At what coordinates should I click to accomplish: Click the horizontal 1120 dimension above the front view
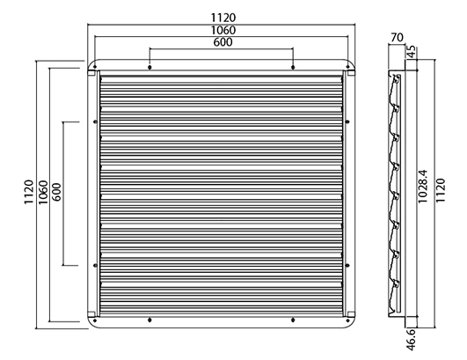tap(223, 18)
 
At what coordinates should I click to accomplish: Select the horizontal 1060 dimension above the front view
tap(223, 30)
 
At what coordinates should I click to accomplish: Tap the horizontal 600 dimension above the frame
tap(223, 42)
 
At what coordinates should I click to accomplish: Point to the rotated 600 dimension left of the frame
tap(56, 192)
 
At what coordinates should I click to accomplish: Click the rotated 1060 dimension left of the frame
tap(43, 192)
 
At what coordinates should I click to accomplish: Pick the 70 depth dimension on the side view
tap(397, 38)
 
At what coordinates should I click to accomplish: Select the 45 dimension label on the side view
tap(411, 52)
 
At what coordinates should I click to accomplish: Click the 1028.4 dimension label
tap(423, 187)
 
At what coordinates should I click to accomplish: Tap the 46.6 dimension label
tap(411, 339)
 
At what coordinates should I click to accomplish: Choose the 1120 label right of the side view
tap(441, 190)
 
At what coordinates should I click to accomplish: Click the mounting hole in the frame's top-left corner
tap(95, 67)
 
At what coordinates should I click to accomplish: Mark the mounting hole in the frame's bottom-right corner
tap(347, 320)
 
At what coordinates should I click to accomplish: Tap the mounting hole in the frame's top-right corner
tap(347, 67)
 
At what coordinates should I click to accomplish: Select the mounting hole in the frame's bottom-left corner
tap(95, 320)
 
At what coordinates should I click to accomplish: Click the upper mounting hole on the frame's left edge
tap(95, 121)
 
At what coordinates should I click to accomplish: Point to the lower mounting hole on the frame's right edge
tap(347, 265)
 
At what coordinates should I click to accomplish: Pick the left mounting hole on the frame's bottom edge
tap(150, 320)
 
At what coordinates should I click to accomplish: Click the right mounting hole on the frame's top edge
tap(293, 68)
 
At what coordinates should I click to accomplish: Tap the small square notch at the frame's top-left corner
tap(91, 73)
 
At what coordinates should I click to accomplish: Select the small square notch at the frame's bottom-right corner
tap(352, 314)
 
